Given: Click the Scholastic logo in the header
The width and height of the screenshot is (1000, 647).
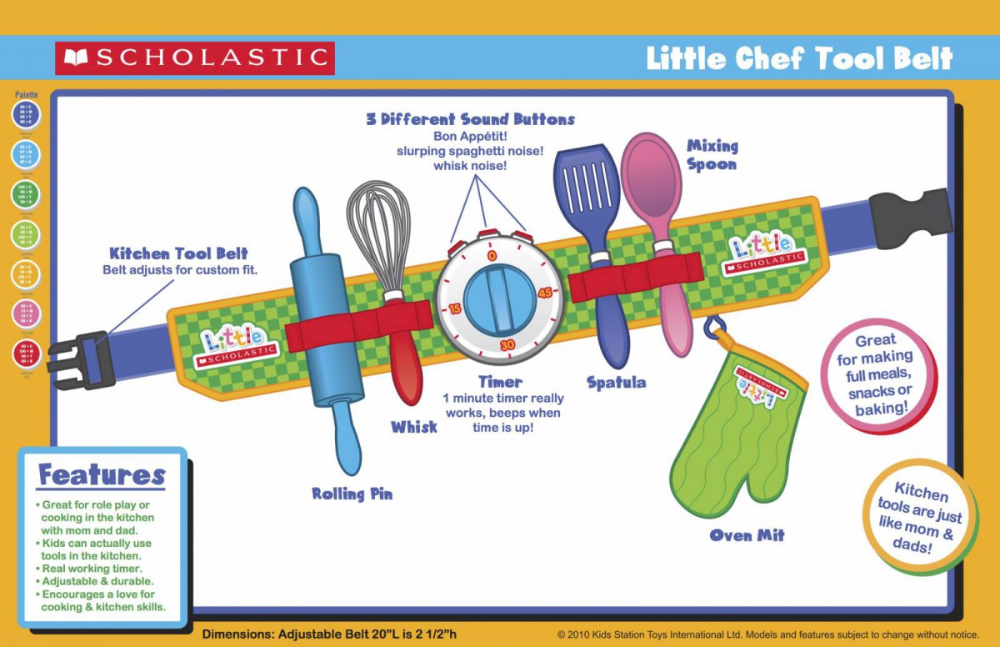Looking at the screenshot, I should click(195, 58).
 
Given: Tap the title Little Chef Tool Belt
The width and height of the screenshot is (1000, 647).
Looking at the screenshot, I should click(799, 59).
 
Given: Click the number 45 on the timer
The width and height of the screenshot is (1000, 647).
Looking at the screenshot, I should click(545, 293).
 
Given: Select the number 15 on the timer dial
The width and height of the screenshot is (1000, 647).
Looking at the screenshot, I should click(455, 308).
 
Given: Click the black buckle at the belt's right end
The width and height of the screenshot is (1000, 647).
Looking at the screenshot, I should click(909, 218).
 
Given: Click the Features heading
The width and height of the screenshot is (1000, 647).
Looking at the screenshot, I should click(102, 475).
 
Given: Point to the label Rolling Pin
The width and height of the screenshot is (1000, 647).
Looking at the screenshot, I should click(352, 494).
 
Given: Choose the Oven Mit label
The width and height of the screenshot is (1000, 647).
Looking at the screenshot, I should click(747, 535).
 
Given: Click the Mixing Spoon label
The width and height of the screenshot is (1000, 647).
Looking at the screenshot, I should click(712, 155).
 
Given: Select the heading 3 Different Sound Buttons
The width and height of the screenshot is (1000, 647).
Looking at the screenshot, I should click(470, 119).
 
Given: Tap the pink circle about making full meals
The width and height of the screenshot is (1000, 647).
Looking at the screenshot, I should click(877, 375).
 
